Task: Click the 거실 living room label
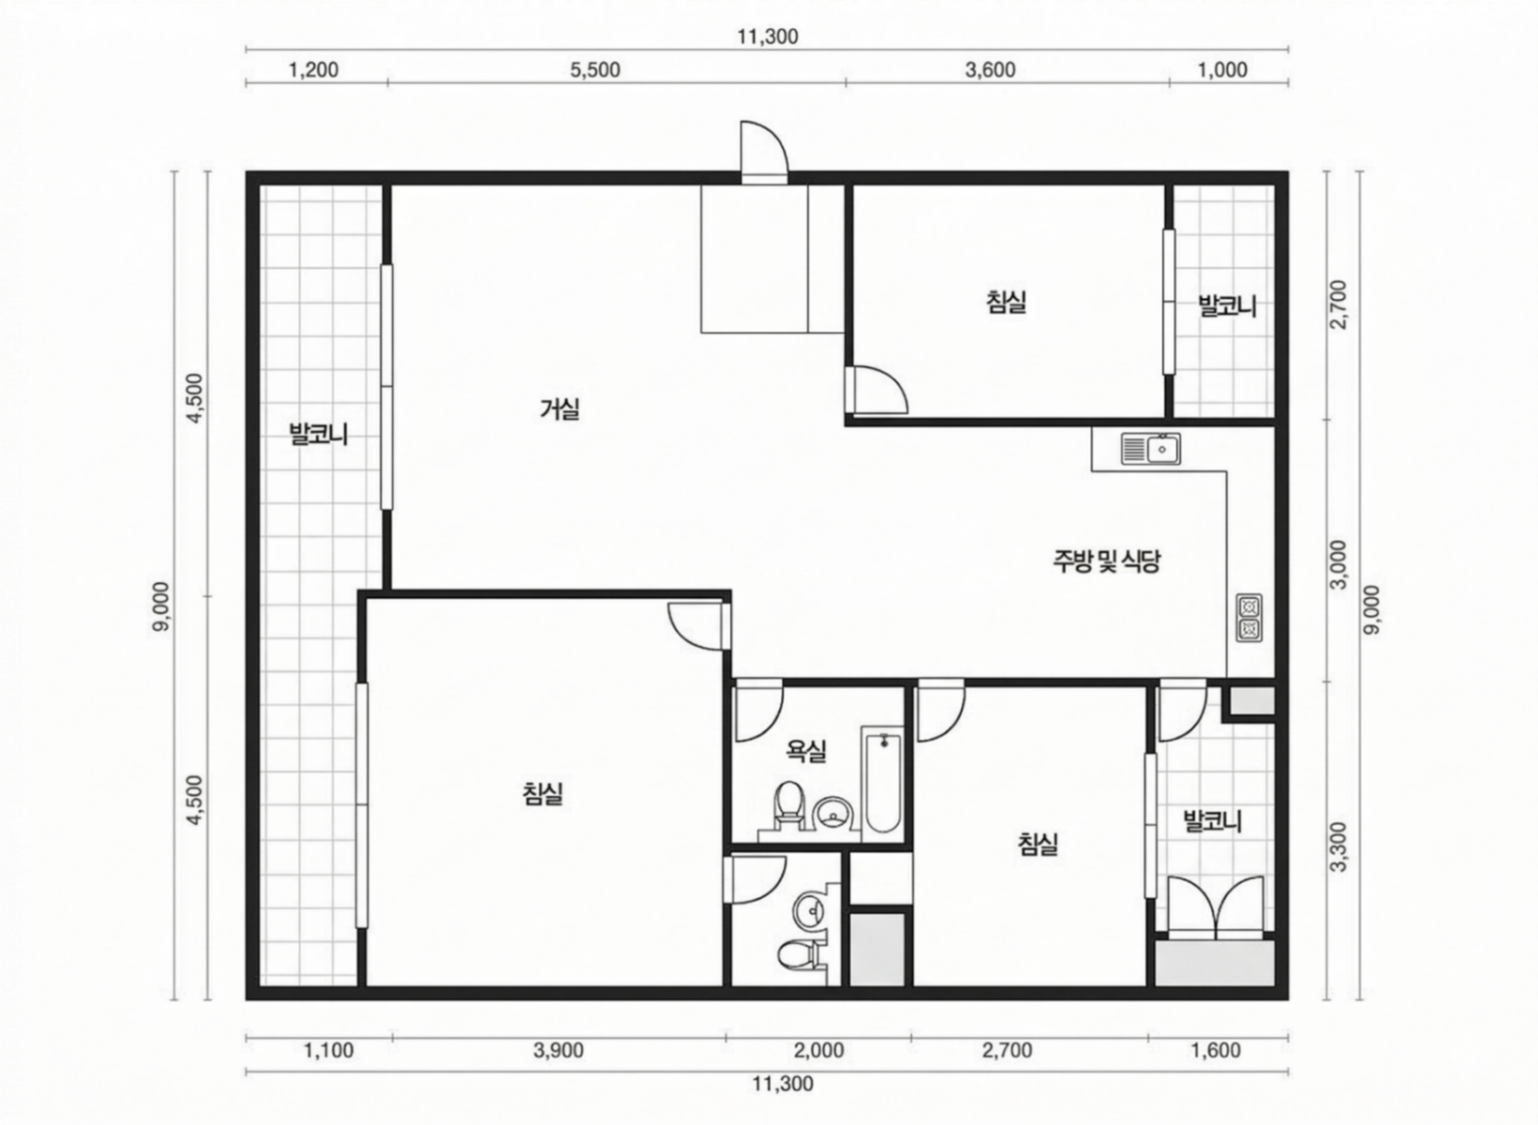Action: (x=560, y=409)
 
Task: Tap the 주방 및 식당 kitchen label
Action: (x=1106, y=561)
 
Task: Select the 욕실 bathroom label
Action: (x=806, y=752)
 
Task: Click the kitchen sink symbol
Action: (x=1151, y=450)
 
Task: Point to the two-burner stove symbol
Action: (x=1249, y=618)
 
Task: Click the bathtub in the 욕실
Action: (x=883, y=784)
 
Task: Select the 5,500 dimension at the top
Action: (x=595, y=70)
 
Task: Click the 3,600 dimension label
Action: (x=990, y=70)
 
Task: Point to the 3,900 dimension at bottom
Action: (x=558, y=1051)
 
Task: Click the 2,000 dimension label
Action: (x=819, y=1051)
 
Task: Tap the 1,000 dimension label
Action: (x=1223, y=70)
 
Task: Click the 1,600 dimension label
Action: (x=1216, y=1051)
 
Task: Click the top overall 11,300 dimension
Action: (x=768, y=37)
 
